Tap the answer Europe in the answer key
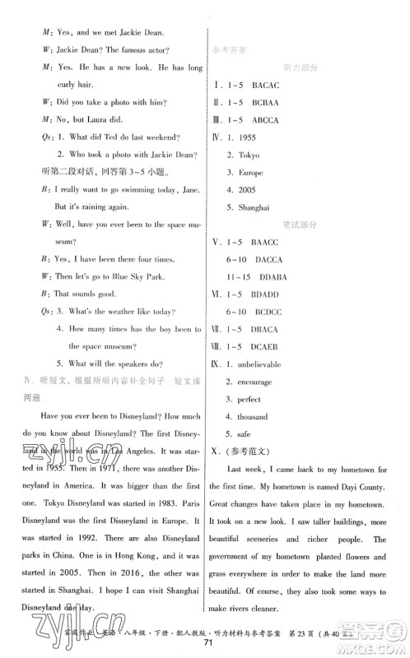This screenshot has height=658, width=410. click(250, 174)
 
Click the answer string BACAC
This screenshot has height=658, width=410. click(273, 85)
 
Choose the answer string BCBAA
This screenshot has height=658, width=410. click(273, 102)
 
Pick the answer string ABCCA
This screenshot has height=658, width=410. click(273, 120)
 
